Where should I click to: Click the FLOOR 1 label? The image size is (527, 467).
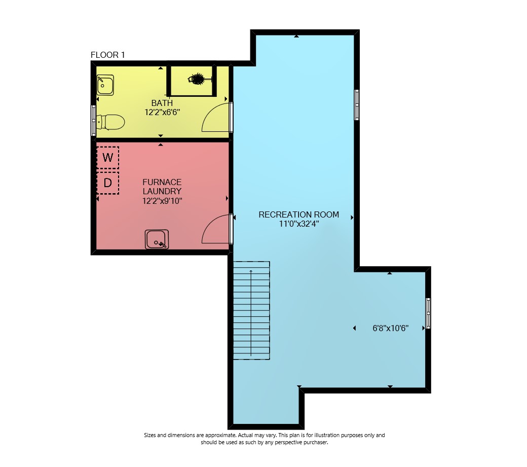[107, 55]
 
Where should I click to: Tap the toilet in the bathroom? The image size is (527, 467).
[110, 122]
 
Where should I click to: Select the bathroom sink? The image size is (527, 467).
[105, 85]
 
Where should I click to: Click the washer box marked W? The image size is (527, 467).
[107, 157]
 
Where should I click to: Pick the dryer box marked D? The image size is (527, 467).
[107, 183]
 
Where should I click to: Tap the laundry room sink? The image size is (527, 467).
[157, 239]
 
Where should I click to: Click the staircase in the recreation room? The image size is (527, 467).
[251, 310]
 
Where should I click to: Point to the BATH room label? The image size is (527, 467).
[162, 103]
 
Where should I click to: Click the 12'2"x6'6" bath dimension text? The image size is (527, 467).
[162, 112]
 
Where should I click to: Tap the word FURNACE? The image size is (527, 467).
[162, 182]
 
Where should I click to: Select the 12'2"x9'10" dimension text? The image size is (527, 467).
[162, 201]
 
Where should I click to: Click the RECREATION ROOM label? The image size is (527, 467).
[299, 214]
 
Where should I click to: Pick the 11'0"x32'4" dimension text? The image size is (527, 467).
[299, 224]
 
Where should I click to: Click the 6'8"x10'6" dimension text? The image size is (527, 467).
[391, 328]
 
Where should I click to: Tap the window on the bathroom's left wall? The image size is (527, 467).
[93, 120]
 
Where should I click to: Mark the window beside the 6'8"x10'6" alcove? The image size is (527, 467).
[428, 313]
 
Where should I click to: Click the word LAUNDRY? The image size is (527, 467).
[162, 191]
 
